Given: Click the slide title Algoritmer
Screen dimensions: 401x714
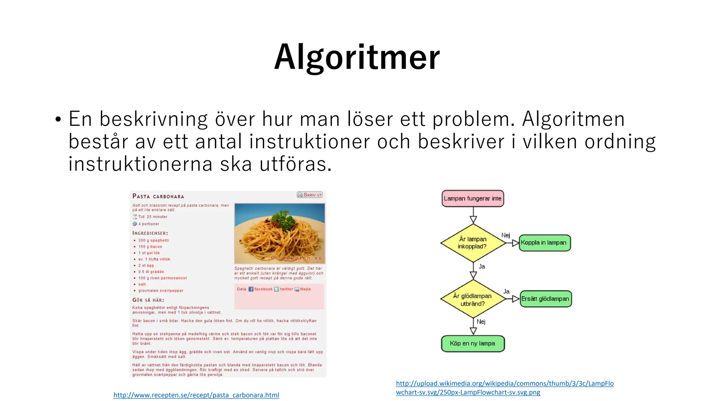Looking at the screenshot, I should tap(357, 57).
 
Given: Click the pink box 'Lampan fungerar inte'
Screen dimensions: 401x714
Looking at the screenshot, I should tap(472, 198).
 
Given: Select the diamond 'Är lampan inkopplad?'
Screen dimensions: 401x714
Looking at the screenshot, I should tap(472, 243).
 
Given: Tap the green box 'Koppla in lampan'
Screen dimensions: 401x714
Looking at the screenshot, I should tap(544, 243).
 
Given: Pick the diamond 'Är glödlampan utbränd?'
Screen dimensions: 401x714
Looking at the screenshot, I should tap(472, 299).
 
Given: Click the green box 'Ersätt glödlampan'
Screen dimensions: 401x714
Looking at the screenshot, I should tap(545, 299).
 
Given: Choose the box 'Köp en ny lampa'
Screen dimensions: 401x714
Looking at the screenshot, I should tap(472, 344).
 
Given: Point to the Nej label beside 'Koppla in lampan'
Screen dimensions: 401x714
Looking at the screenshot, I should tap(506, 235).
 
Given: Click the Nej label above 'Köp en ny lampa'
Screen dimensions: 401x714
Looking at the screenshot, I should tap(481, 322).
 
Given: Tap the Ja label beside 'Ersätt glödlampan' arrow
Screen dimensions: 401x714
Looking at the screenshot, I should tap(506, 291).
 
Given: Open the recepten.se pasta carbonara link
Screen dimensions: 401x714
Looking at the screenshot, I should tap(196, 395).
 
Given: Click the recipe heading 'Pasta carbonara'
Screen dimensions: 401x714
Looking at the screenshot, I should tap(158, 196).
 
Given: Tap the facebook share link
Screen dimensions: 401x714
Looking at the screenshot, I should tap(263, 289).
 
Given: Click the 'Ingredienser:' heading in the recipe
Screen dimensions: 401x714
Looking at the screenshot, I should tap(150, 233).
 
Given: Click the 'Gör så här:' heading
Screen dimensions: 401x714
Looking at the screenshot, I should tap(148, 300).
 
